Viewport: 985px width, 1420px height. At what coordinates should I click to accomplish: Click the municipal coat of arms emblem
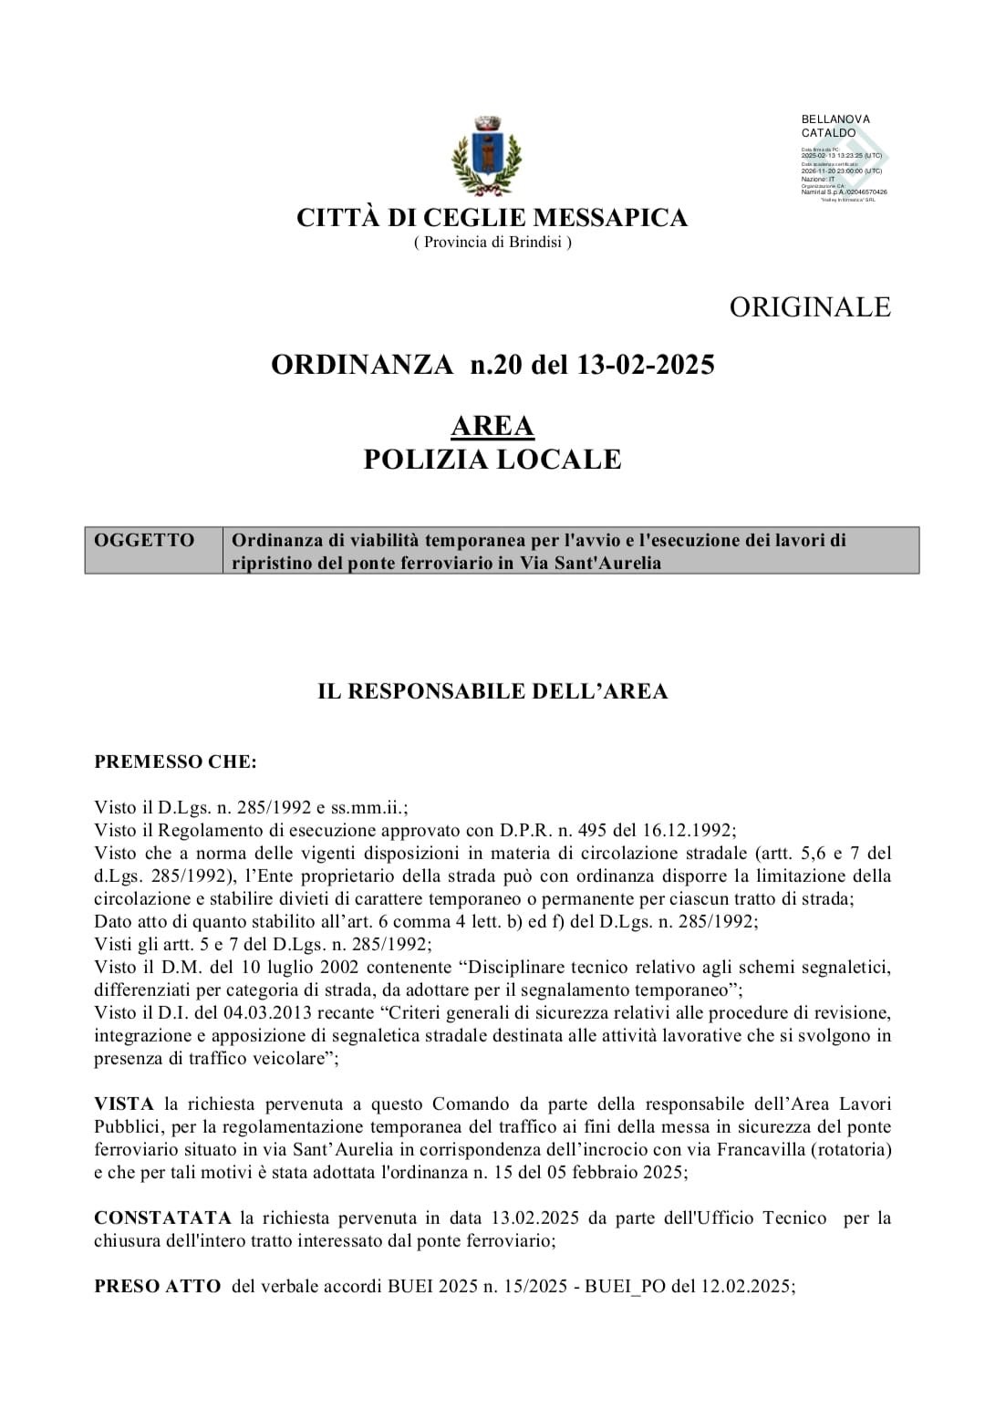click(x=487, y=156)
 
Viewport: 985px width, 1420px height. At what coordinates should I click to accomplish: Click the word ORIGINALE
click(x=809, y=306)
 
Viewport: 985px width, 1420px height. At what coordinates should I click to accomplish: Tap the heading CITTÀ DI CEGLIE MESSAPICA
click(x=492, y=218)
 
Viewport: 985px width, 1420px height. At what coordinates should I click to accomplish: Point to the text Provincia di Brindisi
click(x=493, y=242)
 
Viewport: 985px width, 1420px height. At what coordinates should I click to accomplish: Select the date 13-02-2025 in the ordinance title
click(x=647, y=365)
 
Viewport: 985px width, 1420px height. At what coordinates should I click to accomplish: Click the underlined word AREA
click(x=493, y=426)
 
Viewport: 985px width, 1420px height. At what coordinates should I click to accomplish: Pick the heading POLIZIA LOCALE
click(x=493, y=460)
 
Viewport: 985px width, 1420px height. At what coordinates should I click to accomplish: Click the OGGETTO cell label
click(x=144, y=540)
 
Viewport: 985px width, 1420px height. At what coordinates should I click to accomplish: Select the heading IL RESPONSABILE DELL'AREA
click(x=493, y=691)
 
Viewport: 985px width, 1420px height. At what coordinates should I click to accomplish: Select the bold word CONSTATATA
click(x=162, y=1218)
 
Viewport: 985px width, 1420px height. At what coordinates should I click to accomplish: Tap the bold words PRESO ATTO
click(x=157, y=1286)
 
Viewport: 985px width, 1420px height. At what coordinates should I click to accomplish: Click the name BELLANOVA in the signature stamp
click(x=835, y=119)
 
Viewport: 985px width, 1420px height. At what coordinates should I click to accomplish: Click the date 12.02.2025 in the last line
click(x=746, y=1286)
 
